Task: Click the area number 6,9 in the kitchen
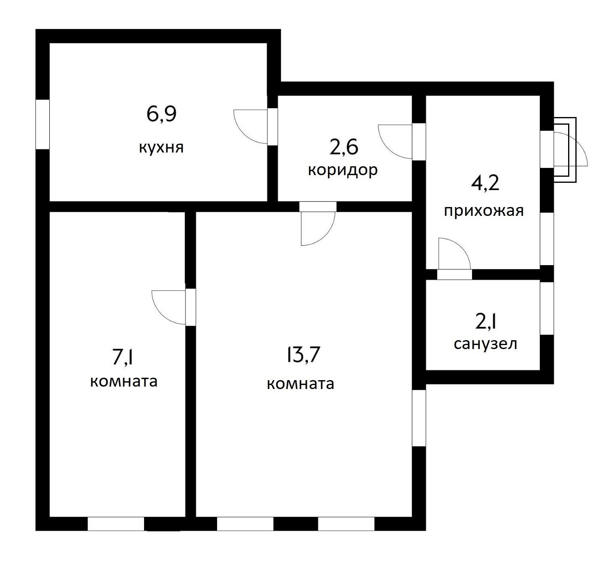(161, 115)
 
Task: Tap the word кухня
(161, 148)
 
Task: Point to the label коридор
(343, 170)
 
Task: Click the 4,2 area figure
(485, 183)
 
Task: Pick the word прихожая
(484, 211)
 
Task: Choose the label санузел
(485, 344)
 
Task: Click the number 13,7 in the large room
(303, 355)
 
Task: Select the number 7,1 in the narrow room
(123, 357)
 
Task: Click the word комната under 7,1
(124, 381)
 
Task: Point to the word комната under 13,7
(300, 384)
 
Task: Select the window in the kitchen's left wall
(42, 124)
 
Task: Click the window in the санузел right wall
(547, 308)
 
